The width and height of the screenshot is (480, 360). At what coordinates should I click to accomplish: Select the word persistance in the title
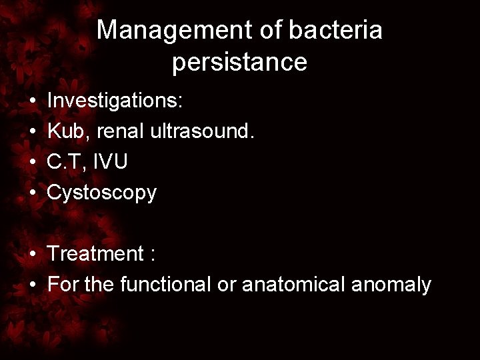tap(239, 62)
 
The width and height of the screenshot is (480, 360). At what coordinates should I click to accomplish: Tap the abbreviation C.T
tap(68, 162)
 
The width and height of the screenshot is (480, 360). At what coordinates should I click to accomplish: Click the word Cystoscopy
tap(102, 193)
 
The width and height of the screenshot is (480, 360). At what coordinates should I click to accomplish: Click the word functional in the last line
tap(166, 285)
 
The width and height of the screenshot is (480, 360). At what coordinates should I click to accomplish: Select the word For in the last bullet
tap(63, 285)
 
